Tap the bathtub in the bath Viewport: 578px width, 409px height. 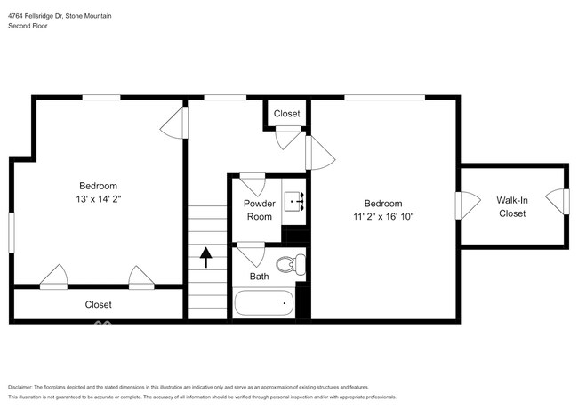(x=264, y=304)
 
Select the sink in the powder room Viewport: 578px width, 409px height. (x=295, y=200)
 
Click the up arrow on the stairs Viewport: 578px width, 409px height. (x=206, y=257)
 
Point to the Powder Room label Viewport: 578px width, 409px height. (x=259, y=210)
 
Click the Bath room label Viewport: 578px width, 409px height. (x=259, y=277)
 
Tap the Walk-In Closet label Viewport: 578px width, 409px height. (x=511, y=207)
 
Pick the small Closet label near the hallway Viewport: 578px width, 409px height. (x=286, y=114)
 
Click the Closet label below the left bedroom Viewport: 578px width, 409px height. (x=98, y=304)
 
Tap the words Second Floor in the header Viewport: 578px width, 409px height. (x=28, y=27)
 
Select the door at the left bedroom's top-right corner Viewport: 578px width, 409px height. (x=175, y=122)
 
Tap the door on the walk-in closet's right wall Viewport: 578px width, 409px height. (x=558, y=201)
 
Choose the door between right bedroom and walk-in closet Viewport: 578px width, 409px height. (x=463, y=205)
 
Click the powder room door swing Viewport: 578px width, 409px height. (x=252, y=184)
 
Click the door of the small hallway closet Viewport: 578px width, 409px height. (x=289, y=137)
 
